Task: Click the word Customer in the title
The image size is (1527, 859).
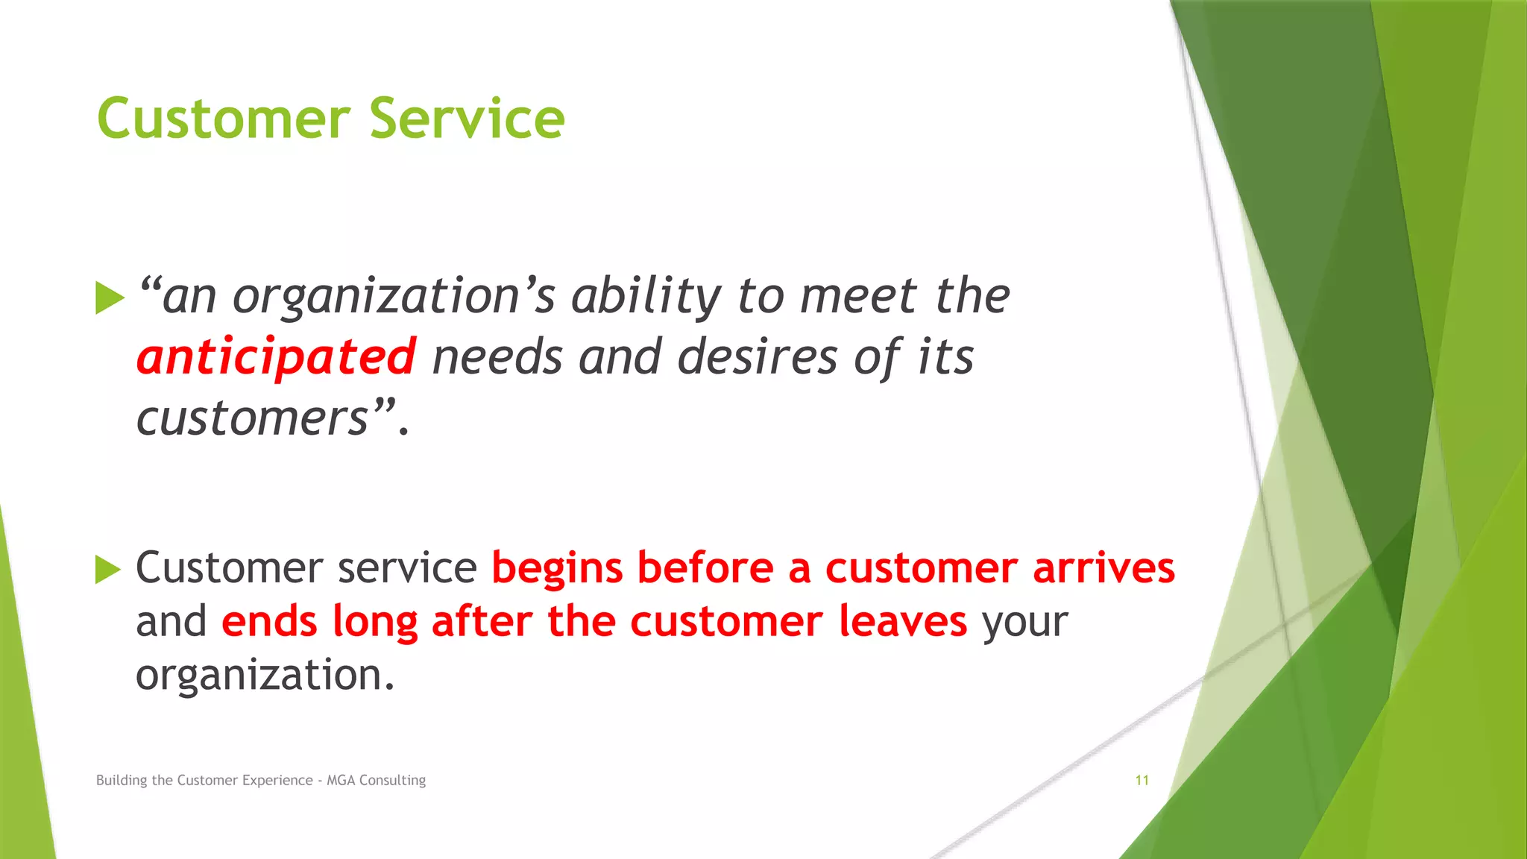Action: point(224,119)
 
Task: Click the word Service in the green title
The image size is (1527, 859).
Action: point(467,119)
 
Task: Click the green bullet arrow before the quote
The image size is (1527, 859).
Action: point(110,298)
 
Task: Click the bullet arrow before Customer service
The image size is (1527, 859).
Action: point(108,570)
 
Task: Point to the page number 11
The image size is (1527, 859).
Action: point(1142,780)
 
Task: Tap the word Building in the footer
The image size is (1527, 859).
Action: point(122,780)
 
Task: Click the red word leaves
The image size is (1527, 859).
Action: point(902,621)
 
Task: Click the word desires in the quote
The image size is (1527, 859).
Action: point(757,357)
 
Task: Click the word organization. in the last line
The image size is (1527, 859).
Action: point(265,676)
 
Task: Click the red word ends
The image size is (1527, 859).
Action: point(270,621)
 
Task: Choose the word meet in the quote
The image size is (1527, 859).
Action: point(857,297)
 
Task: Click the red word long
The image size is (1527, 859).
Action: point(375,623)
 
